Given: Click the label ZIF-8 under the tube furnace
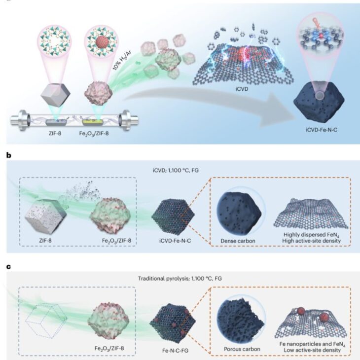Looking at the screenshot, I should pos(53,134).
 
